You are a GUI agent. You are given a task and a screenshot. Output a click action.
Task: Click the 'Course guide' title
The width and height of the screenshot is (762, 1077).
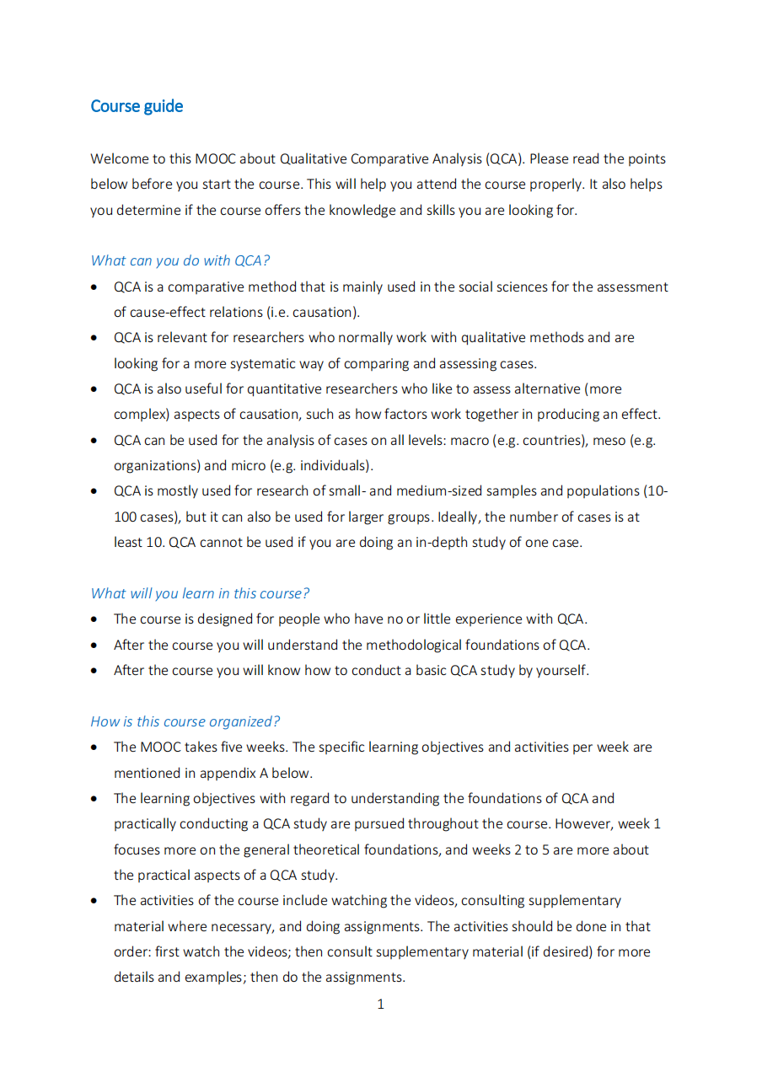(x=137, y=106)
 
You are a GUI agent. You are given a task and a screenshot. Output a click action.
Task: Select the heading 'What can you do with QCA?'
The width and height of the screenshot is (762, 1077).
(x=180, y=260)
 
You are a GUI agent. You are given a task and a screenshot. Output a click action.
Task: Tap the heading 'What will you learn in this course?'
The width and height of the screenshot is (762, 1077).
(x=200, y=593)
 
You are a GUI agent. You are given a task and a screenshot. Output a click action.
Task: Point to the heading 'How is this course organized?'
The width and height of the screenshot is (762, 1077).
(x=185, y=721)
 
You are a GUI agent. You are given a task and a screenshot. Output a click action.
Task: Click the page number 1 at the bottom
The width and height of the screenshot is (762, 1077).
(x=381, y=1004)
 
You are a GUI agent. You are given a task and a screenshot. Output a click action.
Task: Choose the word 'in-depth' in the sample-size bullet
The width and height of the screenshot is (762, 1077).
(x=425, y=542)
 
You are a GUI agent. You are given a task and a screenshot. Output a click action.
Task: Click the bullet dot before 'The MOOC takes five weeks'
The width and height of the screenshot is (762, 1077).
(x=95, y=747)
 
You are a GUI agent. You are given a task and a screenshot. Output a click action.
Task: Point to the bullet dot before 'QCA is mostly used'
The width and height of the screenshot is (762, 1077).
(x=95, y=491)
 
